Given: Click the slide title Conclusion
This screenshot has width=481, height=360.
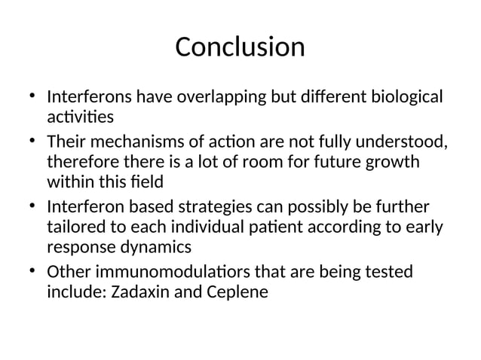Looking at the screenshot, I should click(x=240, y=47).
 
